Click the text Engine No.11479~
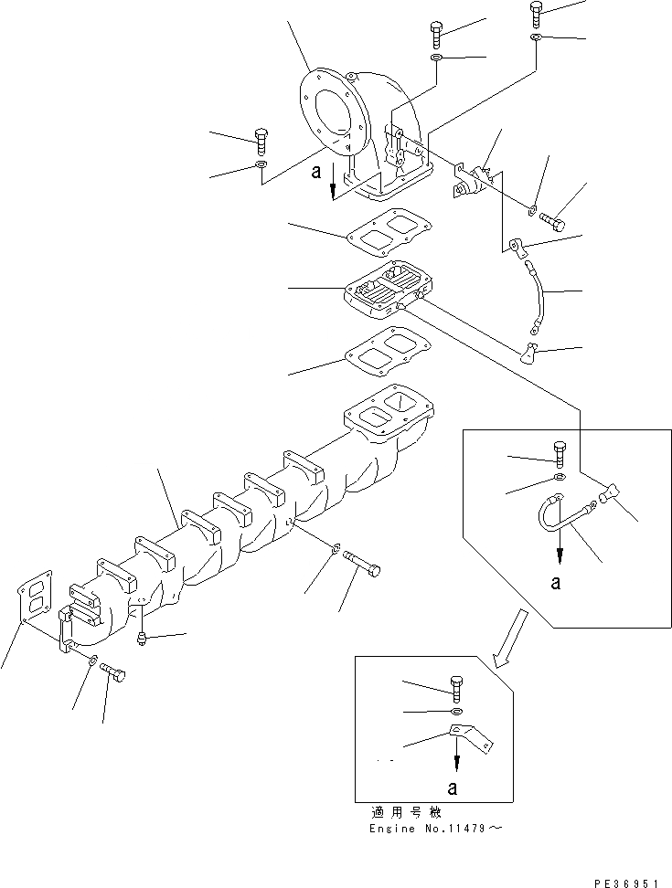click(438, 829)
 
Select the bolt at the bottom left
click(114, 675)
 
